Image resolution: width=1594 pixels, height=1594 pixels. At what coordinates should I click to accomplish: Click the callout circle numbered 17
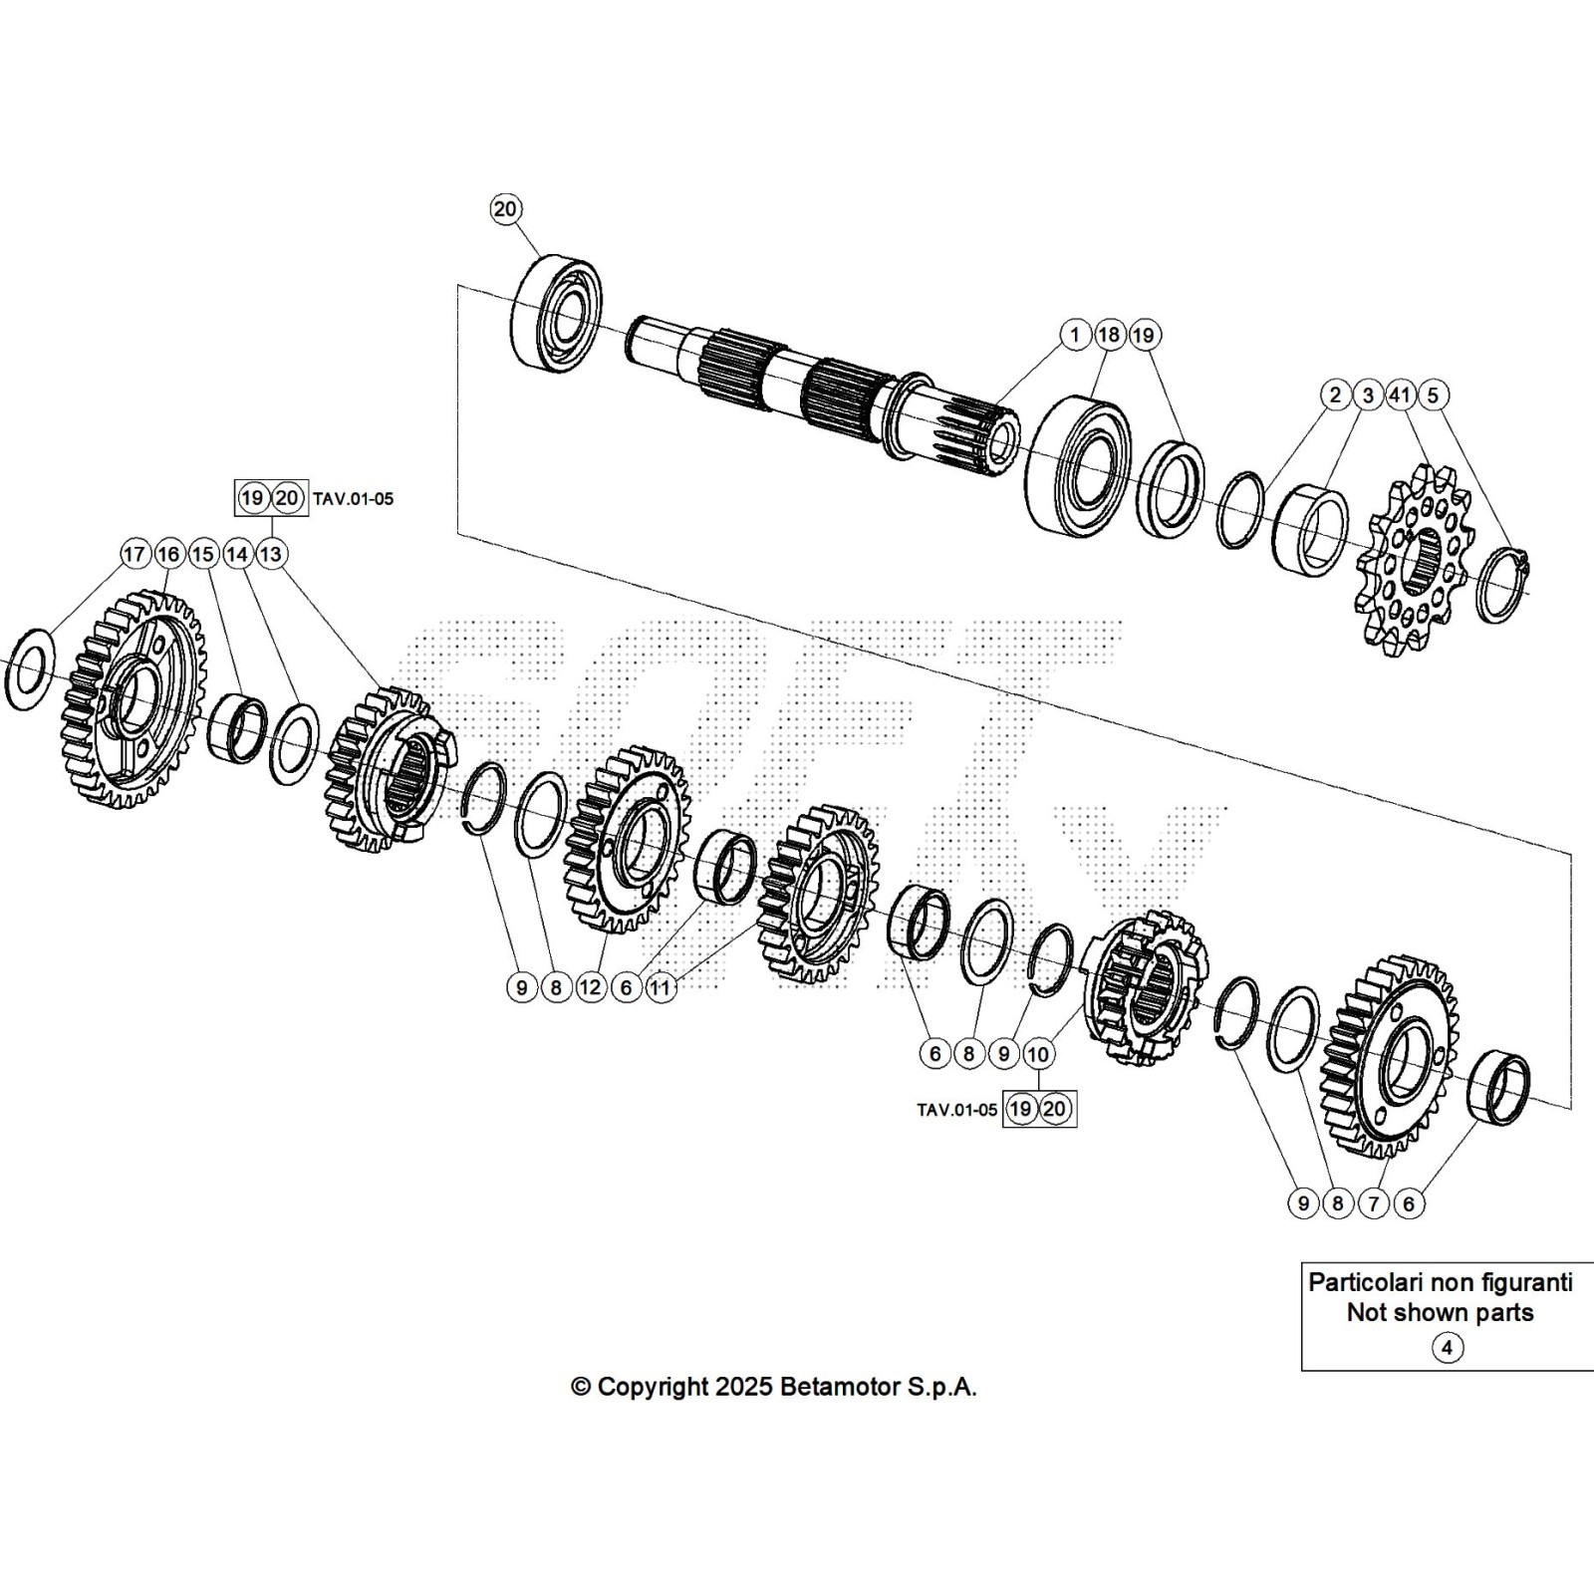(x=134, y=554)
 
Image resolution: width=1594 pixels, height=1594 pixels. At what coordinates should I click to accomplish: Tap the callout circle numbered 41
(x=1401, y=395)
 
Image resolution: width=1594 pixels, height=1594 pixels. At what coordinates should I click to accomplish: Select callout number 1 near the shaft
(x=1075, y=335)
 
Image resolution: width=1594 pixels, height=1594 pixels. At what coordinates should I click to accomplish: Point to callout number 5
(x=1433, y=395)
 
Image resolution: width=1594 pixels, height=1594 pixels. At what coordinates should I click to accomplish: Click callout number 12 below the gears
(x=591, y=987)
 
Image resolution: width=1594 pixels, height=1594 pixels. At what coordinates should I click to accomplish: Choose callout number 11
(x=660, y=987)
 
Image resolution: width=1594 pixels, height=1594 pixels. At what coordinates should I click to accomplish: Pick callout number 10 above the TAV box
(x=1038, y=1054)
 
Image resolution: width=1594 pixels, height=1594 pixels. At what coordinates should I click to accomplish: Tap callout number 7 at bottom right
(x=1373, y=1203)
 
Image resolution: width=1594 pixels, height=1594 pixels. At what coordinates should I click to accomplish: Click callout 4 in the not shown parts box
(x=1447, y=1348)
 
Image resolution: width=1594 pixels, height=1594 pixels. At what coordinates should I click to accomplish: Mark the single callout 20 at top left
(x=506, y=208)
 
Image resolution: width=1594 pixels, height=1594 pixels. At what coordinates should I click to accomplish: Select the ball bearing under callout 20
(x=557, y=314)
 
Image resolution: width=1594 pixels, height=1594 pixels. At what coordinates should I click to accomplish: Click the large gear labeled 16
(x=130, y=697)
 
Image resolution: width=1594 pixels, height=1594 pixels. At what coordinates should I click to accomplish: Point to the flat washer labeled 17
(x=30, y=669)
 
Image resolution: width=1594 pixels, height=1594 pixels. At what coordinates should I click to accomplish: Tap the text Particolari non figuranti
(x=1440, y=1282)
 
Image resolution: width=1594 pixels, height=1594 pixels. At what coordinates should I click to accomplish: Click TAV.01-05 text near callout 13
(x=354, y=498)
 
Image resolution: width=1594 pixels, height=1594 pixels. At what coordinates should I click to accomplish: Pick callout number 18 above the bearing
(x=1109, y=335)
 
